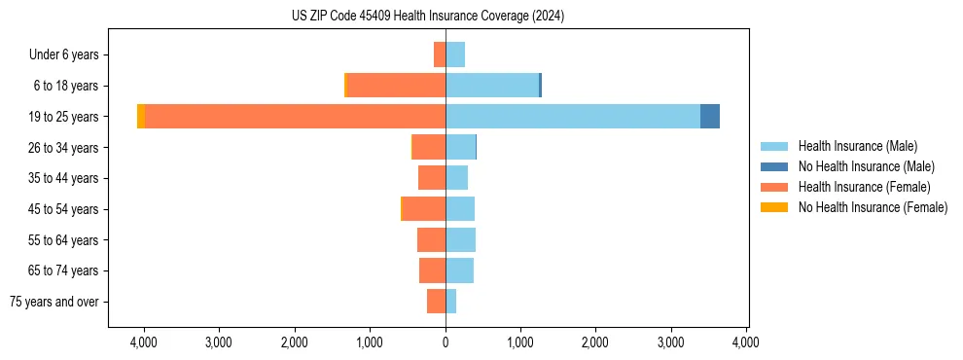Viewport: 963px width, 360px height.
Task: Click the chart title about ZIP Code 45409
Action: (x=427, y=16)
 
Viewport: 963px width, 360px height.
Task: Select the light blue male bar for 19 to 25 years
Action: (x=573, y=117)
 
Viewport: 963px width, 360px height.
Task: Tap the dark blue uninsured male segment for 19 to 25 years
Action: (x=710, y=117)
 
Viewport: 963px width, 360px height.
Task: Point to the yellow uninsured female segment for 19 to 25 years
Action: (x=141, y=117)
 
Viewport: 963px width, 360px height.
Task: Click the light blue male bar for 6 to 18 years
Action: (x=492, y=86)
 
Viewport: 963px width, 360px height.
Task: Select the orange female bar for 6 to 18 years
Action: (x=396, y=86)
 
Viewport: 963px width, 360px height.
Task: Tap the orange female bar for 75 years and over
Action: (x=436, y=302)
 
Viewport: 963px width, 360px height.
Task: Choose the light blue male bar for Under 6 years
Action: (x=455, y=54)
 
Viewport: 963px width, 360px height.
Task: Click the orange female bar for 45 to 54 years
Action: (x=424, y=209)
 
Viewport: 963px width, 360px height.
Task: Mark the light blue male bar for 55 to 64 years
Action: (x=461, y=240)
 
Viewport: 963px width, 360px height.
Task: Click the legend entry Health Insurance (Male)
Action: (x=857, y=146)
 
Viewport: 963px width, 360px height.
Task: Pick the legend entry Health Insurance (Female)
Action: (x=864, y=187)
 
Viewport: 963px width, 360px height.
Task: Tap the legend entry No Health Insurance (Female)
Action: (x=873, y=207)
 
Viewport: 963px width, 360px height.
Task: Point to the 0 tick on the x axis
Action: (x=446, y=342)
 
